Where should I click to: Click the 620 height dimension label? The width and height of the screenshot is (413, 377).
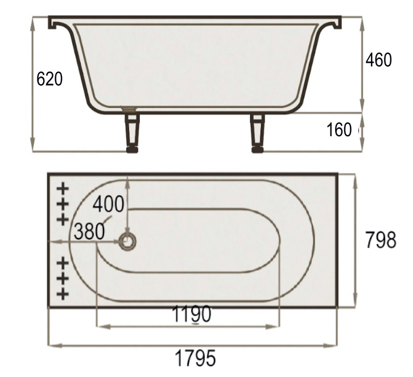pos(49,78)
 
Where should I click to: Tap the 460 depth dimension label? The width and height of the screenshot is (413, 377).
pos(379,60)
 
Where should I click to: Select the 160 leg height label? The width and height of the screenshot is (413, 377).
pos(339,129)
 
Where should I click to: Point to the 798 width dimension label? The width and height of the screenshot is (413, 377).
pos(381,240)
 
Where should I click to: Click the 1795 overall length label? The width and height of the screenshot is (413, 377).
pos(195,358)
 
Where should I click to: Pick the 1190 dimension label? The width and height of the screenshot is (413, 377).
pos(192,314)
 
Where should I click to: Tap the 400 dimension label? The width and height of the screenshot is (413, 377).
pos(108,204)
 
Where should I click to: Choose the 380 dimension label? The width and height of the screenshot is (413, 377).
pos(89,231)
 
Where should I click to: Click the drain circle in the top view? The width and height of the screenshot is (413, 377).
pos(127,241)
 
